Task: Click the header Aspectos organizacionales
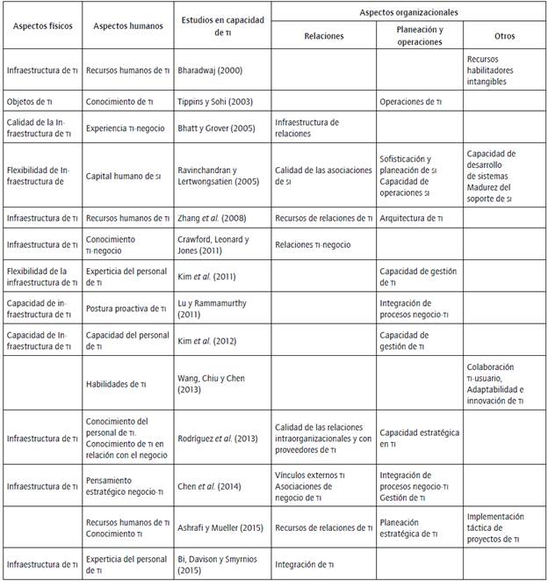pos(409,13)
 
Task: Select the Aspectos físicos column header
pos(42,25)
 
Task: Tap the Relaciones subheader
pos(323,36)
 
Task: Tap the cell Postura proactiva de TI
pos(126,308)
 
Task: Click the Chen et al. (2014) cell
pos(215,486)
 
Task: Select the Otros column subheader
pos(504,36)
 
